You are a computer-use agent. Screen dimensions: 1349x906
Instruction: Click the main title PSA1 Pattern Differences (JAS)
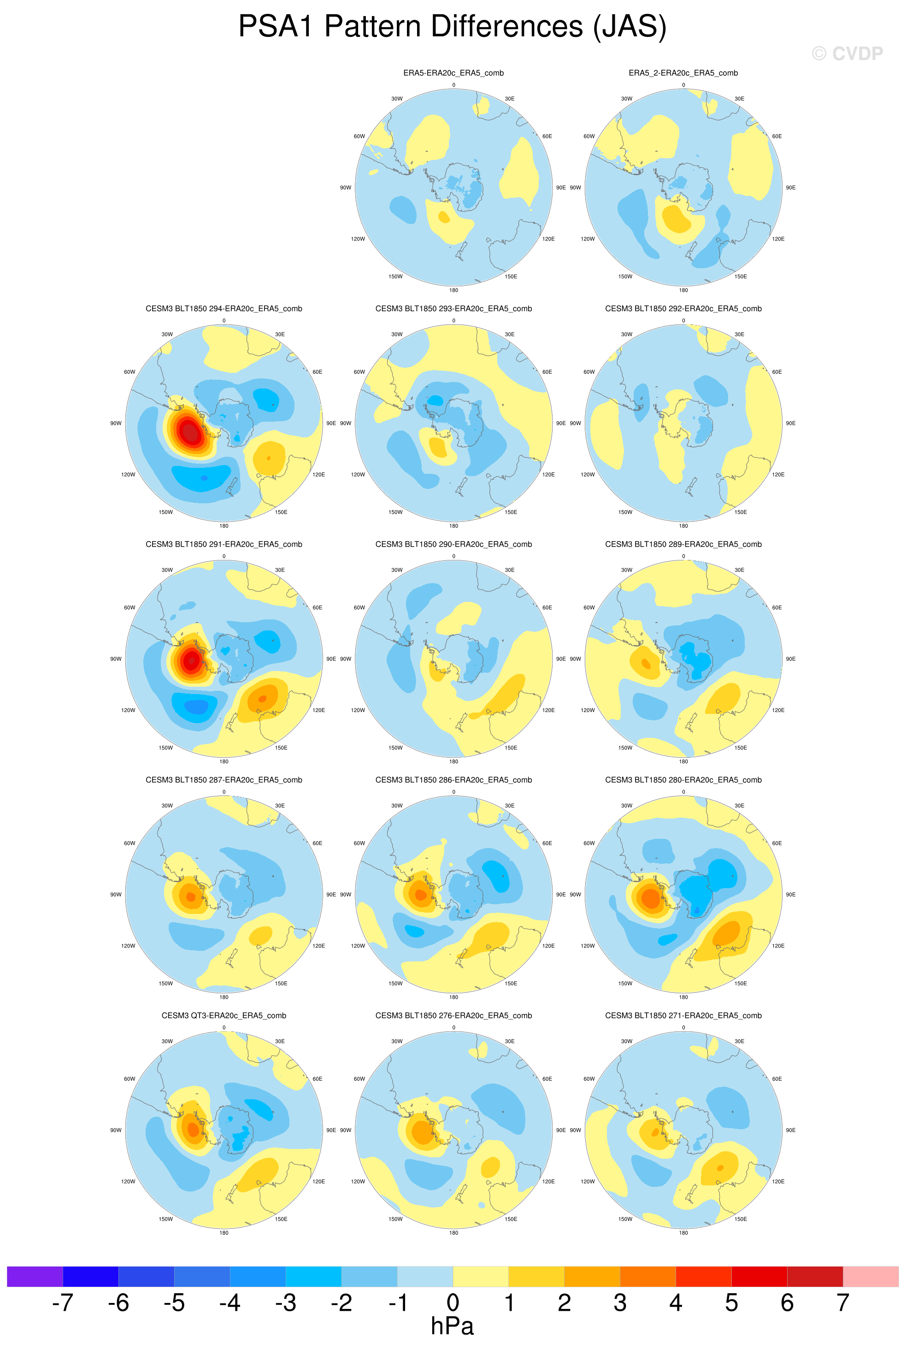point(453,27)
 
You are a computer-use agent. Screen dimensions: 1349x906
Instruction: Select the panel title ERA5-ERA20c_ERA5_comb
point(453,73)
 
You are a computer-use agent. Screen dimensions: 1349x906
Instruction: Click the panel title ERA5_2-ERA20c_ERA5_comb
point(683,73)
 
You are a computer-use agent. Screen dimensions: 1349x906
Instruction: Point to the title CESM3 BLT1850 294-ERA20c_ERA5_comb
point(224,308)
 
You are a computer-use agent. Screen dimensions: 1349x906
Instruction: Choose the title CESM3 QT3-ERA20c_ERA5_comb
point(224,1015)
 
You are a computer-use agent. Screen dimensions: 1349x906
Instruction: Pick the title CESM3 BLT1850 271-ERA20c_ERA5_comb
point(683,1015)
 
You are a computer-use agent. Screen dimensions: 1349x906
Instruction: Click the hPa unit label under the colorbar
point(453,1326)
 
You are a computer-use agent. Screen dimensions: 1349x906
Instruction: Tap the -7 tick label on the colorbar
point(62,1303)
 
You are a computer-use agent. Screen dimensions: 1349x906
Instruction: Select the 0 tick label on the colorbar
point(453,1303)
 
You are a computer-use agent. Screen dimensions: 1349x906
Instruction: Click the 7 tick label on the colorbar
point(843,1303)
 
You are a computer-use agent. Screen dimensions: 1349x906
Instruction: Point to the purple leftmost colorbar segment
point(35,1276)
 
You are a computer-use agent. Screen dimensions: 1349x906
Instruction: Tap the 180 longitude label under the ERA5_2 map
point(683,290)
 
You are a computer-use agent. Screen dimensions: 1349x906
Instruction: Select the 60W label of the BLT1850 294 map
point(129,372)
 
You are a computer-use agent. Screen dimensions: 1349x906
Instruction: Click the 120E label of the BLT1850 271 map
point(778,1181)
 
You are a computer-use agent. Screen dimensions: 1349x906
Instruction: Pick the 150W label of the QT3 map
point(165,1219)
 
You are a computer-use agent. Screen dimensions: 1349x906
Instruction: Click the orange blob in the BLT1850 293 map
point(437,448)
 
